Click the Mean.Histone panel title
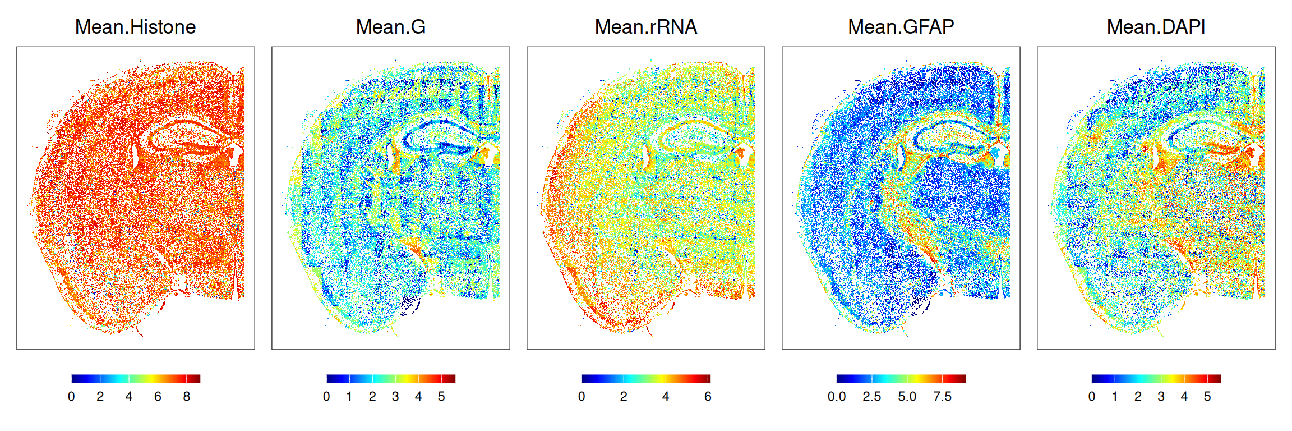click(x=135, y=27)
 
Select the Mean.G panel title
click(x=391, y=27)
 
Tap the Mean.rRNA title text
click(x=646, y=27)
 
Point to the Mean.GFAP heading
click(x=901, y=27)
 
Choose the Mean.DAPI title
click(x=1156, y=27)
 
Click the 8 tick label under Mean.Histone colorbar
click(x=187, y=397)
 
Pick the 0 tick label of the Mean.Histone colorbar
click(x=71, y=397)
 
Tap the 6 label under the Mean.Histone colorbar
click(x=158, y=397)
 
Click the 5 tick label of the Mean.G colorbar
click(x=441, y=397)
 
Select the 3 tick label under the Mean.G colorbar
click(x=395, y=397)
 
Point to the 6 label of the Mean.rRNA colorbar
click(x=708, y=397)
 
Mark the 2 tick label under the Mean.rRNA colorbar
click(x=624, y=397)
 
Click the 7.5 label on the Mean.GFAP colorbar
click(x=943, y=397)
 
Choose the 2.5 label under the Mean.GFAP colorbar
click(x=872, y=397)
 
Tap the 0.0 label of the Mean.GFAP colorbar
click(x=837, y=397)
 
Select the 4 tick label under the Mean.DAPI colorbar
click(x=1184, y=397)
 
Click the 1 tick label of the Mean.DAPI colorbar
click(x=1115, y=397)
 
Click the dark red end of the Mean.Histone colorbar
click(x=197, y=379)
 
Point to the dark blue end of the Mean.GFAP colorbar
click(x=839, y=379)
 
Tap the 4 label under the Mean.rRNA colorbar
click(x=666, y=397)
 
